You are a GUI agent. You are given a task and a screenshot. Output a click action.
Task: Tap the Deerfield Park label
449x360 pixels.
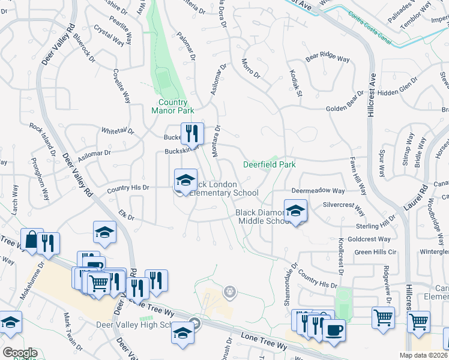(x=269, y=164)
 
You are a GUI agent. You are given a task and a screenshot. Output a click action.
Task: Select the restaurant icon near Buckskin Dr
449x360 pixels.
(x=192, y=133)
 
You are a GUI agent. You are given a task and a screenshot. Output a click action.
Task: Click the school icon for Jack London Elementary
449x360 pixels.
(x=185, y=180)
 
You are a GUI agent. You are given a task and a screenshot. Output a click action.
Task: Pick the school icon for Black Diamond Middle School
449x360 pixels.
(x=295, y=212)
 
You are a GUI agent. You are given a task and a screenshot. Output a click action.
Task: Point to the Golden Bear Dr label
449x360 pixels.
(x=345, y=109)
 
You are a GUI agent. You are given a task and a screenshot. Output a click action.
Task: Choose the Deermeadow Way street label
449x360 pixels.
(x=318, y=191)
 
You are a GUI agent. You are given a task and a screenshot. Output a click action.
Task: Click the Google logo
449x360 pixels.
(x=20, y=353)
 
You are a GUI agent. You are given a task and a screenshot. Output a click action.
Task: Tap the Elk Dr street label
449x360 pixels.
(x=125, y=213)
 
